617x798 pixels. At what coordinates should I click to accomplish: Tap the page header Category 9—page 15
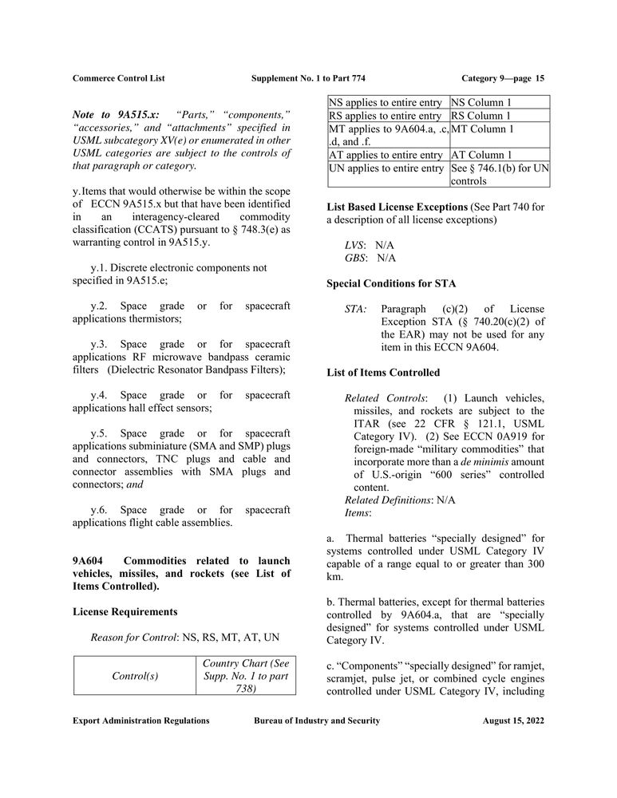503,78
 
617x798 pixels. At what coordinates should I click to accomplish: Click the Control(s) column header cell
135,676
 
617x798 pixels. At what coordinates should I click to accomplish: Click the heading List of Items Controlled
383,372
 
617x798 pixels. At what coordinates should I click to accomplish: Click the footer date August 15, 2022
513,721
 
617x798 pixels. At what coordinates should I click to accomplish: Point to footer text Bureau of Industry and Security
316,721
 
